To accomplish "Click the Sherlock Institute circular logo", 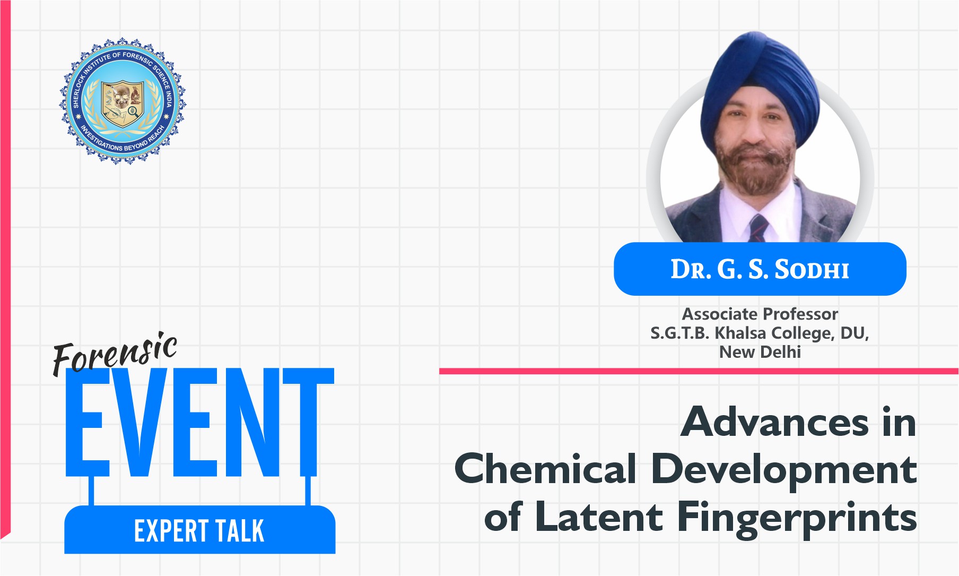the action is (x=123, y=100).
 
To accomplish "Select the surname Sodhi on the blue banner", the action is (x=812, y=270).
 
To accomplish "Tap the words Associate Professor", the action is (x=760, y=314).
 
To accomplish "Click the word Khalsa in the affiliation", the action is (x=741, y=333).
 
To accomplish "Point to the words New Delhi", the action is (x=760, y=351).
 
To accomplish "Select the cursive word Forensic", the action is (x=115, y=353).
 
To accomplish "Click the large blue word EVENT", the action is (x=199, y=422).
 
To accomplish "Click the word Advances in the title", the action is (x=775, y=423).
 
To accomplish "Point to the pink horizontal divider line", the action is (x=699, y=371).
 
